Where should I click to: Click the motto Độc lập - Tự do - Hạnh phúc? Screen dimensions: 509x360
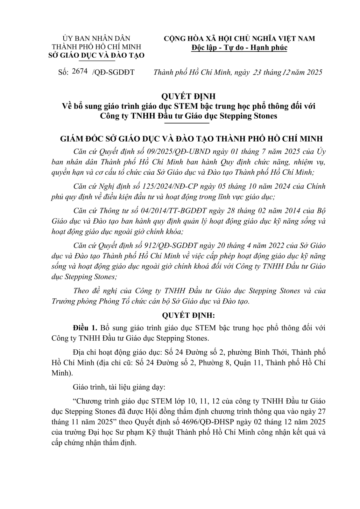[239, 48]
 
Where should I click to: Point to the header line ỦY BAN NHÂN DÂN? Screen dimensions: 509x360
[96, 38]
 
